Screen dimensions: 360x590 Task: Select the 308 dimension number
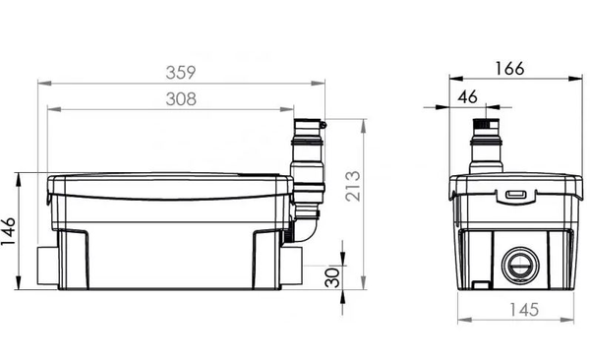[x=180, y=98]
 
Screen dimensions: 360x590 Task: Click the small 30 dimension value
[x=335, y=274]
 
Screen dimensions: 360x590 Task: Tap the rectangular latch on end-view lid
[x=515, y=195]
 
